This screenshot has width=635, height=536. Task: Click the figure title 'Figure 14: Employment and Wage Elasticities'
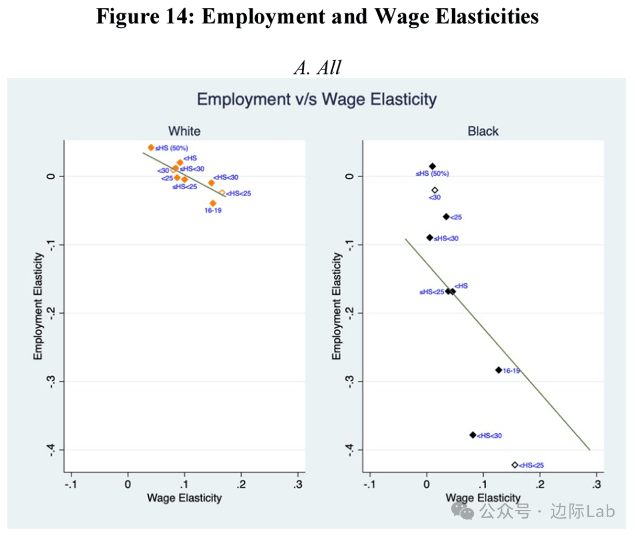[x=317, y=17]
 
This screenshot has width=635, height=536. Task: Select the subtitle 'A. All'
[x=317, y=67]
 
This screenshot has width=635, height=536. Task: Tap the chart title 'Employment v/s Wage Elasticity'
[x=316, y=99]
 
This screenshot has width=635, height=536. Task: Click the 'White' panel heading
[x=184, y=131]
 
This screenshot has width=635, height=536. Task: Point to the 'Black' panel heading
[x=483, y=131]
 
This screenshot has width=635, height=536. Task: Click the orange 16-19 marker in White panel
[x=213, y=203]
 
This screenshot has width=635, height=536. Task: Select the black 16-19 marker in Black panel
[x=498, y=370]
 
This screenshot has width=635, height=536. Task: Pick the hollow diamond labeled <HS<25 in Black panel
[x=514, y=465]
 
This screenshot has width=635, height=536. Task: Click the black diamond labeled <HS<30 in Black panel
[x=473, y=435]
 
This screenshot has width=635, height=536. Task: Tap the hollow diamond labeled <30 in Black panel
[x=434, y=190]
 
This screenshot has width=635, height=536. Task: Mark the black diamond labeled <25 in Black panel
[x=446, y=217]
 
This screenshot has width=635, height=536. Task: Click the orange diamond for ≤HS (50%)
[x=151, y=148]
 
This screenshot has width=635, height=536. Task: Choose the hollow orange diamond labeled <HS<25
[x=222, y=193]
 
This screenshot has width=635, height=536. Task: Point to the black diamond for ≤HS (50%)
[x=432, y=166]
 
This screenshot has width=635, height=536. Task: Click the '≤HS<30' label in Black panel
[x=446, y=239]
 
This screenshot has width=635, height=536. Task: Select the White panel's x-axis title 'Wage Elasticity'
[x=184, y=498]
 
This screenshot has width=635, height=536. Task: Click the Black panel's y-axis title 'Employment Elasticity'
[x=336, y=306]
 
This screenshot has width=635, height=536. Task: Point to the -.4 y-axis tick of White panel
[x=51, y=449]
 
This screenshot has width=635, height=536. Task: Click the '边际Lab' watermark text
[x=582, y=511]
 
